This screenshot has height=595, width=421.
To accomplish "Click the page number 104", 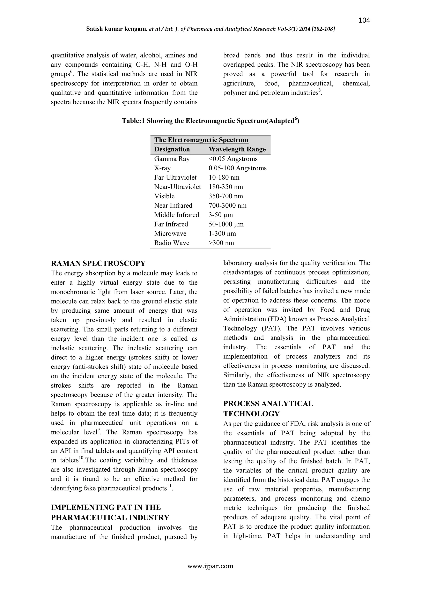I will tap(364, 20).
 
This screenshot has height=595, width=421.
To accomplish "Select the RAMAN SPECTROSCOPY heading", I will tap(98, 263).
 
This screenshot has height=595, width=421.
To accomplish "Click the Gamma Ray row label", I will tap(172, 159).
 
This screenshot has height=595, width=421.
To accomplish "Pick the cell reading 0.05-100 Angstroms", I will tap(237, 168).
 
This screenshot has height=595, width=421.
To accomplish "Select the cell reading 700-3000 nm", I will tap(227, 206).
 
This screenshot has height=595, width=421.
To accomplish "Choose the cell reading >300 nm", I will tap(221, 243).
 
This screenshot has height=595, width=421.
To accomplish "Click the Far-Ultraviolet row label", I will tap(175, 178).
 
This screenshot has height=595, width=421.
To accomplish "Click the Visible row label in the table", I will tap(164, 196).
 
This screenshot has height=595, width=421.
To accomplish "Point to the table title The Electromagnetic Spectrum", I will tap(201, 140).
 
